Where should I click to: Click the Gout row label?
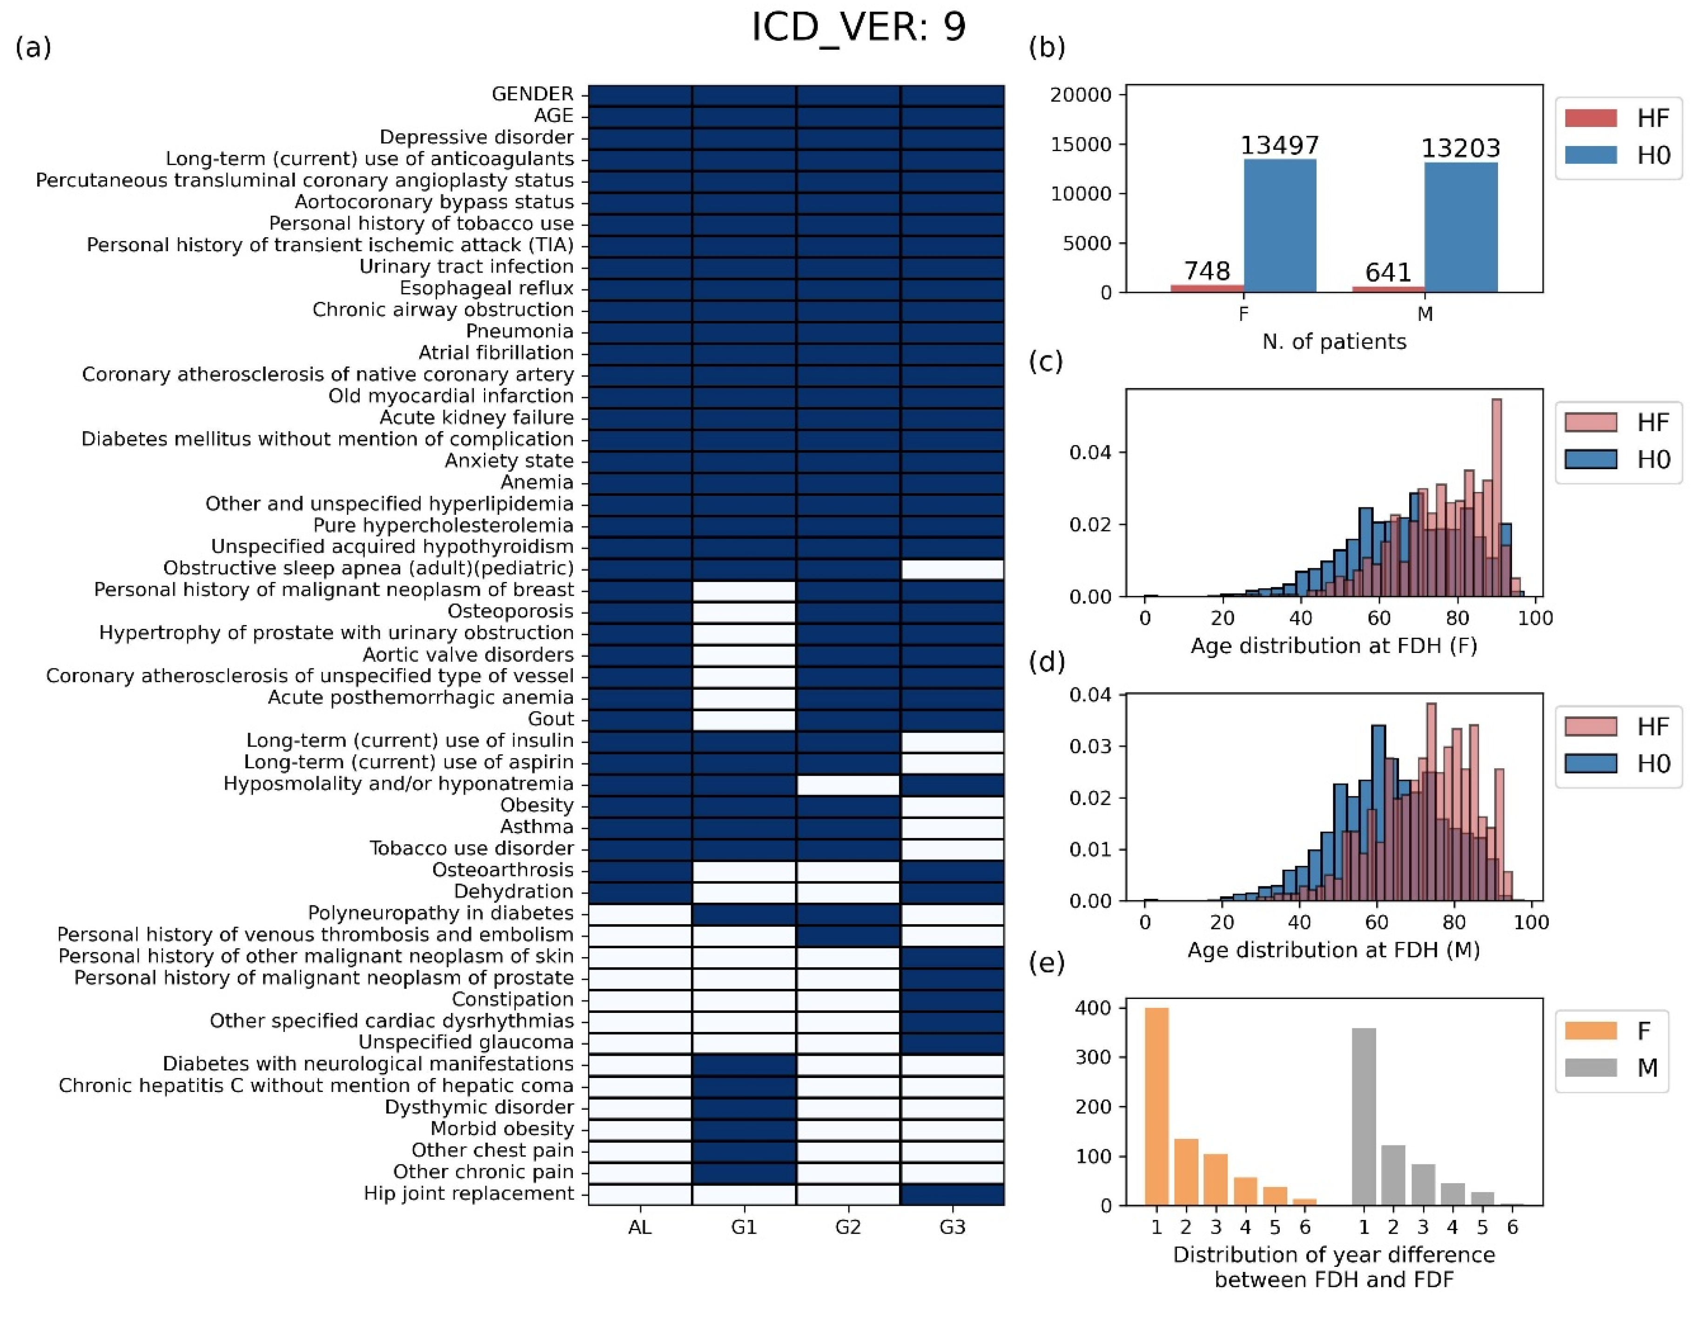[551, 719]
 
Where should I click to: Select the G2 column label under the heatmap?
[847, 1227]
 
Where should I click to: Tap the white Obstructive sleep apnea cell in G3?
[952, 569]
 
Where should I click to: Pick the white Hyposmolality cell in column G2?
[847, 784]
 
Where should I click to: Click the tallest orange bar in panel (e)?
[1157, 1105]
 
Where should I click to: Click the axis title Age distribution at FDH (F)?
[1333, 646]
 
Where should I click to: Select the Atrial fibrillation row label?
[496, 353]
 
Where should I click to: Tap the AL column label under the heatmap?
[640, 1227]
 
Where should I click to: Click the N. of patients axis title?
[1333, 341]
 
